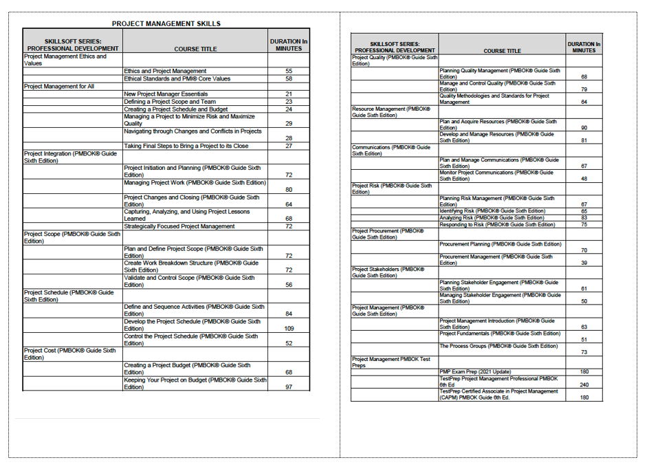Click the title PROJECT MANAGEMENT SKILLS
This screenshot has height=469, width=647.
point(166,23)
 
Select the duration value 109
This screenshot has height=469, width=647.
point(289,329)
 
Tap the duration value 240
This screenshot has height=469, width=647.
point(584,385)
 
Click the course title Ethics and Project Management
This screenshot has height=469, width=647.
point(165,71)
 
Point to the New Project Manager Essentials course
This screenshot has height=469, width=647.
point(166,94)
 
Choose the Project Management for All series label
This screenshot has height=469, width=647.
point(59,87)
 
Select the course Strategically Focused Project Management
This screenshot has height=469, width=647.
point(179,226)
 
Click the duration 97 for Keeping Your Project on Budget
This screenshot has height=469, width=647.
point(289,387)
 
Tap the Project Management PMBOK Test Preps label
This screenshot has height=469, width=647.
point(391,362)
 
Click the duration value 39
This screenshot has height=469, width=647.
point(584,263)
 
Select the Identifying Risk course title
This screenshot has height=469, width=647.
point(492,211)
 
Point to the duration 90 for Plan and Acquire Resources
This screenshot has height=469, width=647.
point(584,128)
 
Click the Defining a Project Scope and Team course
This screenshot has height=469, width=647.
point(170,102)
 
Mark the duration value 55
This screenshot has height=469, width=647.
point(289,72)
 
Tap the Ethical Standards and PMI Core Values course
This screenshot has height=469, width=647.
point(177,78)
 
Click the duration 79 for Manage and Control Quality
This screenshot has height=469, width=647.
point(584,89)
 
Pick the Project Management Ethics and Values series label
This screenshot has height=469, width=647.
point(65,60)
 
